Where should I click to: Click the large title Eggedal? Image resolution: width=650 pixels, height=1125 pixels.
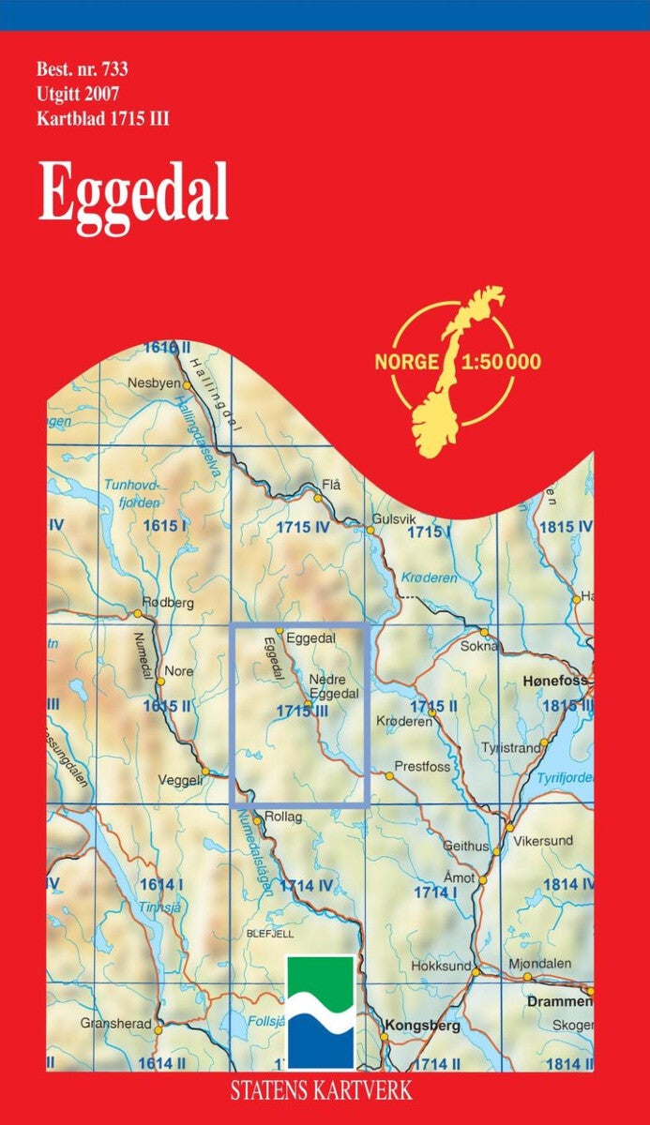pyautogui.click(x=133, y=193)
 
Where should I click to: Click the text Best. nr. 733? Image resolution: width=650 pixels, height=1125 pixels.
pyautogui.click(x=82, y=68)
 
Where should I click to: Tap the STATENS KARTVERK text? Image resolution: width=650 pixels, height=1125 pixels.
pyautogui.click(x=319, y=1091)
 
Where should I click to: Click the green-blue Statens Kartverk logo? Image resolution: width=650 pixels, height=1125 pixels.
pyautogui.click(x=321, y=1012)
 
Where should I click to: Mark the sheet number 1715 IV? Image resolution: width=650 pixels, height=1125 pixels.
pyautogui.click(x=303, y=528)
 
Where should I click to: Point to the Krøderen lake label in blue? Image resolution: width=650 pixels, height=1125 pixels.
pyautogui.click(x=429, y=577)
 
